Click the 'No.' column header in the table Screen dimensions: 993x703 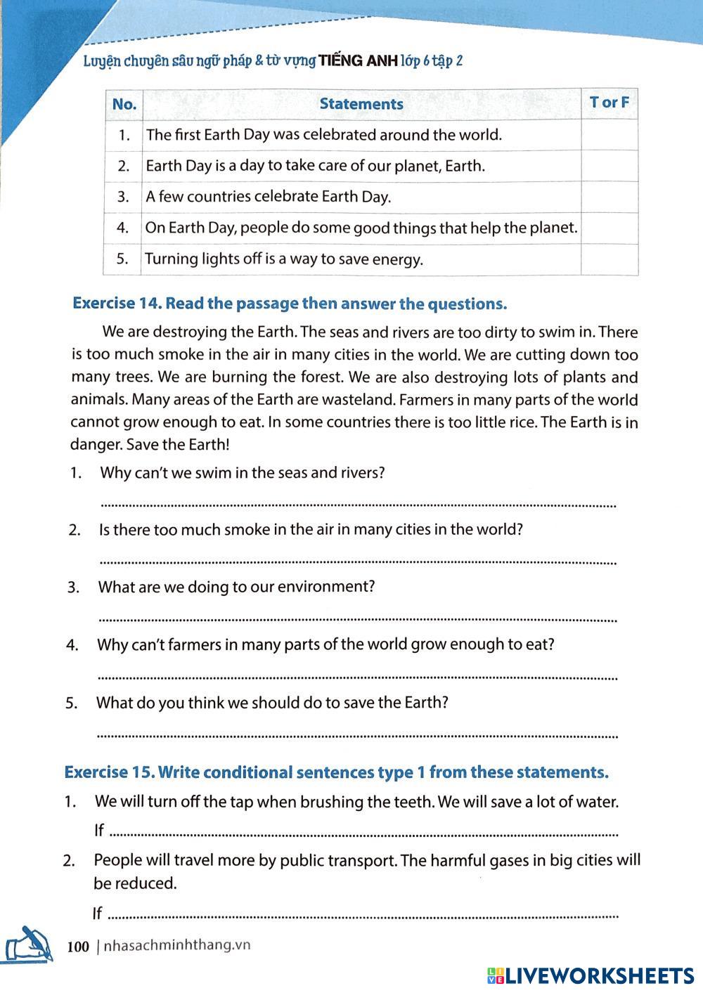pyautogui.click(x=124, y=105)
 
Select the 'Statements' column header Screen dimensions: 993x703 pyautogui.click(x=361, y=104)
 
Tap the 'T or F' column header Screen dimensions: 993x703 pyautogui.click(x=609, y=103)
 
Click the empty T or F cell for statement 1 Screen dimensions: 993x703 pyautogui.click(x=609, y=135)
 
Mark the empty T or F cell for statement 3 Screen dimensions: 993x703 pyautogui.click(x=609, y=197)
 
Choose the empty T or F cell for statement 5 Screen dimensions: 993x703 pyautogui.click(x=609, y=259)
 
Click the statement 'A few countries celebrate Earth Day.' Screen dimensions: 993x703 pyautogui.click(x=268, y=197)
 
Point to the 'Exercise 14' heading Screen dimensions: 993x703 pyautogui.click(x=290, y=304)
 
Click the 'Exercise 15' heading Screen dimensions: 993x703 pyautogui.click(x=336, y=772)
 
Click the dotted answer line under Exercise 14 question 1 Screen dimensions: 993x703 pyautogui.click(x=359, y=505)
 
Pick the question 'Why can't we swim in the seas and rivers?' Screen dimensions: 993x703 pyautogui.click(x=243, y=473)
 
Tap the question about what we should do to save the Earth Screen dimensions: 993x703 pyautogui.click(x=272, y=703)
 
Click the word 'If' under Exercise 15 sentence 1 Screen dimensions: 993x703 pyautogui.click(x=98, y=831)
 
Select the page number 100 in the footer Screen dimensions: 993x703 pyautogui.click(x=78, y=947)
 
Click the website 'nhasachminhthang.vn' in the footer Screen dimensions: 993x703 pyautogui.click(x=176, y=946)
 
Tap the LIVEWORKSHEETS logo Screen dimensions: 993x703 pyautogui.click(x=590, y=975)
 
